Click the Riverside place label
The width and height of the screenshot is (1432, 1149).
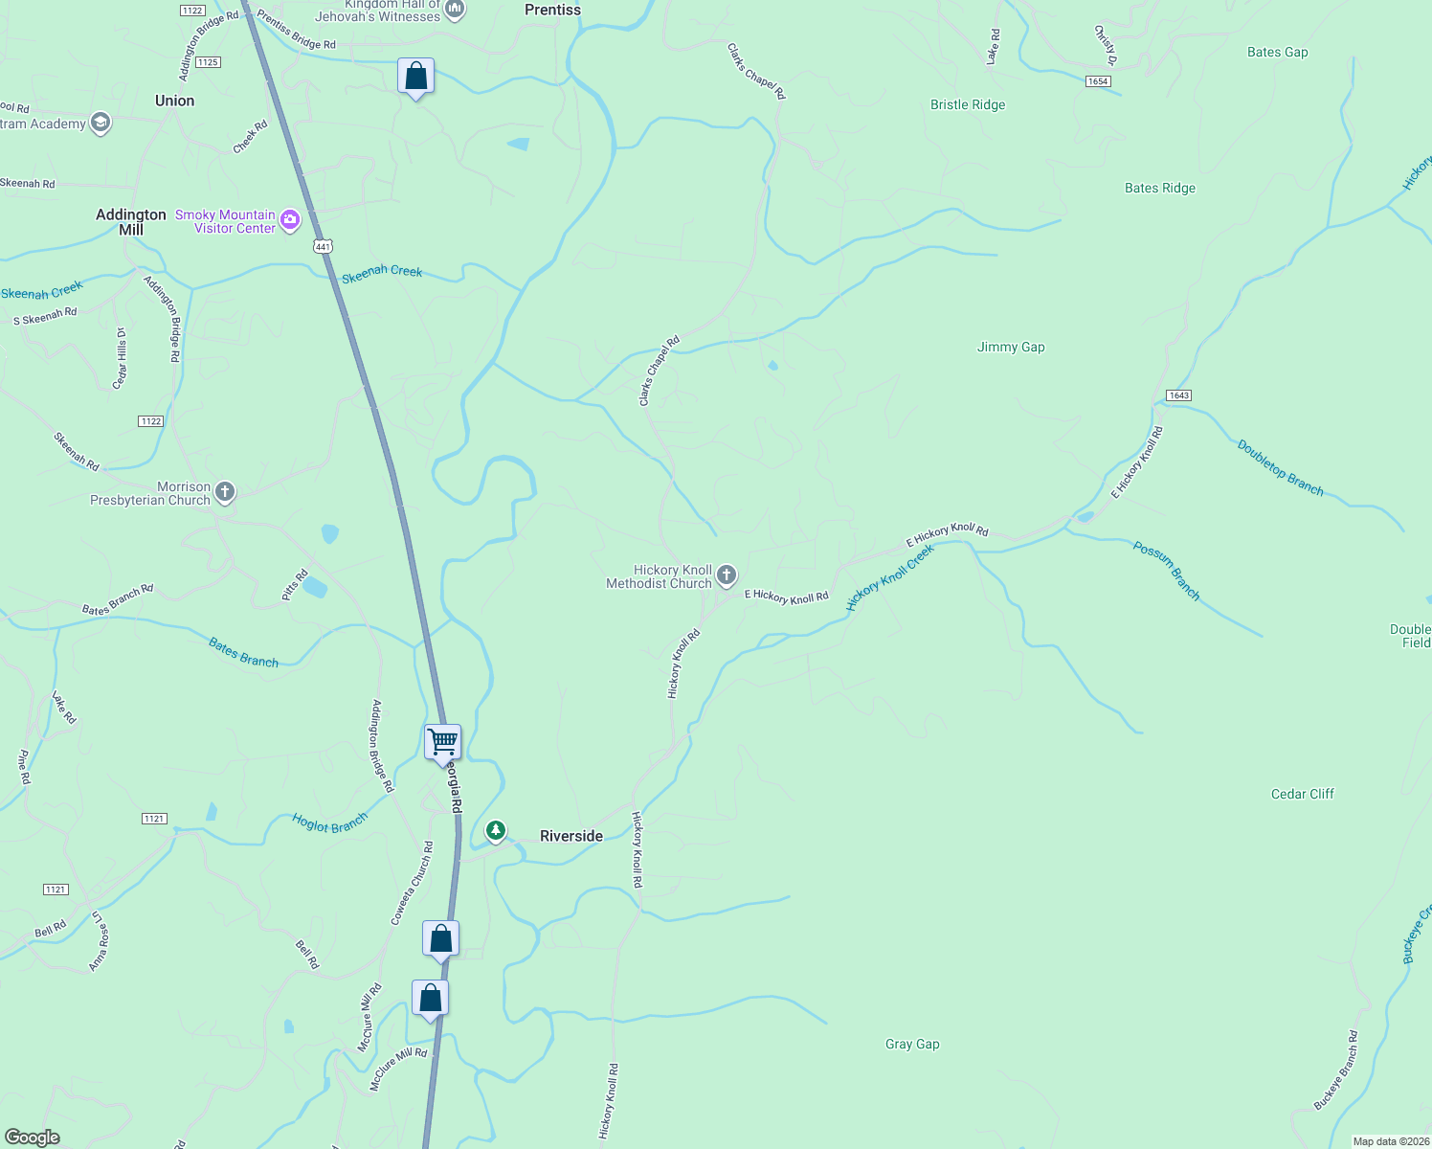571,836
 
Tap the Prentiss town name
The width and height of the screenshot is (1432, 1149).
552,10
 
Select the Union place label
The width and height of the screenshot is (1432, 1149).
174,101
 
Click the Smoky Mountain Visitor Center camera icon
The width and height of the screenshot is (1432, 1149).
290,221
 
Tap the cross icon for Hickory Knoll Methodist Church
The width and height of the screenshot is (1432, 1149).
727,575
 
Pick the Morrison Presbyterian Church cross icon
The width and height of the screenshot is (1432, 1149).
225,493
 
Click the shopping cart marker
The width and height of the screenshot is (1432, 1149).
442,742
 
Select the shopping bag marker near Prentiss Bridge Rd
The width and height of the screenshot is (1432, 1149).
415,77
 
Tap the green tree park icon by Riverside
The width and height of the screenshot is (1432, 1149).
496,830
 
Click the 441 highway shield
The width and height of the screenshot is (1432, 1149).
323,247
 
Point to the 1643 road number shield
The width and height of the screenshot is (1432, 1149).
1178,395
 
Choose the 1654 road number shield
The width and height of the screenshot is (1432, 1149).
1098,81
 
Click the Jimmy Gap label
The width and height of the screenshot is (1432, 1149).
1011,347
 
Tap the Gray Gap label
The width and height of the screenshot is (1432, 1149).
912,1044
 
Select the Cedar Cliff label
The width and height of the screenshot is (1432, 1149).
1302,794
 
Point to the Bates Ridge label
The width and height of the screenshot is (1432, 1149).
1159,188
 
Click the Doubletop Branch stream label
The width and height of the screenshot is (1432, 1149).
1280,468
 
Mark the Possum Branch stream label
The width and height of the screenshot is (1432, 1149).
1166,571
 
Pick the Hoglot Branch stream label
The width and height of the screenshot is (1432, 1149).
329,822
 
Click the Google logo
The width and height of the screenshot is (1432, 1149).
33,1137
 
